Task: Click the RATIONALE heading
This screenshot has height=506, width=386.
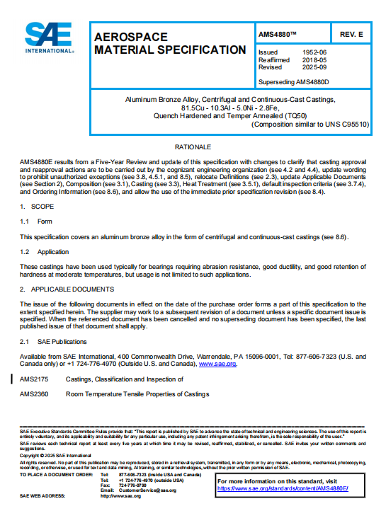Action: click(193, 146)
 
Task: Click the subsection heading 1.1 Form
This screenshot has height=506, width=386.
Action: click(35, 222)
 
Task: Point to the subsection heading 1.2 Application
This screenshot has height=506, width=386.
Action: click(43, 251)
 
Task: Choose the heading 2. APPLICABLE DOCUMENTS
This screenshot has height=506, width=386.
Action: click(67, 289)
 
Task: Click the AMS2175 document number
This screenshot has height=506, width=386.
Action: click(34, 379)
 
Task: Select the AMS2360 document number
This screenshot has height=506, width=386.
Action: click(34, 393)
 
